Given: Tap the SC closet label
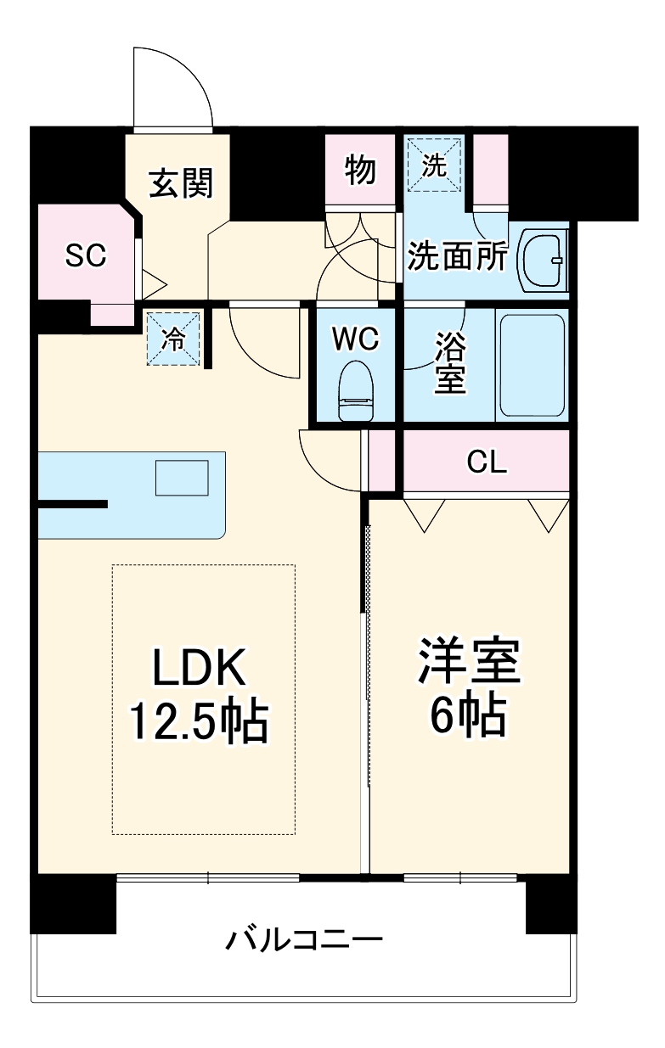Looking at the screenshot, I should [x=86, y=255].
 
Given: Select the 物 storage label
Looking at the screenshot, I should [x=360, y=171].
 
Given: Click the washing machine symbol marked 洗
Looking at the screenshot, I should [x=434, y=166].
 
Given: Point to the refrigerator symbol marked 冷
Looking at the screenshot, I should [x=174, y=339].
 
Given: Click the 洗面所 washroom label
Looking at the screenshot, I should [x=457, y=256].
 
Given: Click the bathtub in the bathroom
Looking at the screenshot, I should [x=531, y=365].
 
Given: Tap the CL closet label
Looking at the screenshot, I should [x=487, y=462].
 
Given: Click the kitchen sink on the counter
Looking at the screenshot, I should [x=182, y=477].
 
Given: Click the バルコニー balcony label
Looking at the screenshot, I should [x=304, y=940].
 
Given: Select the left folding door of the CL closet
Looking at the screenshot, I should [x=424, y=513].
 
